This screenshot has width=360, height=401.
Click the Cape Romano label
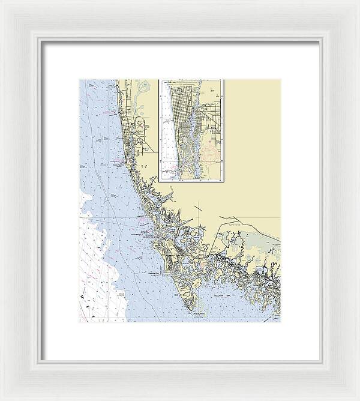(x=199, y=313)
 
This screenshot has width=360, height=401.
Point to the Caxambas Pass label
(x=158, y=273)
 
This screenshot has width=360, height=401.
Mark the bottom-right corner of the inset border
(x=223, y=181)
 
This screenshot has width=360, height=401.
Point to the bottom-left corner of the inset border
(x=159, y=181)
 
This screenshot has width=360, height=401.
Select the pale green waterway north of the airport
(x=139, y=96)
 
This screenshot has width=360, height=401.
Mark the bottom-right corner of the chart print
(x=280, y=322)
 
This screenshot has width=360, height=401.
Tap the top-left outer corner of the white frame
(x=2, y=2)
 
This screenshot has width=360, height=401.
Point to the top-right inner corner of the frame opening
(x=319, y=41)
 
